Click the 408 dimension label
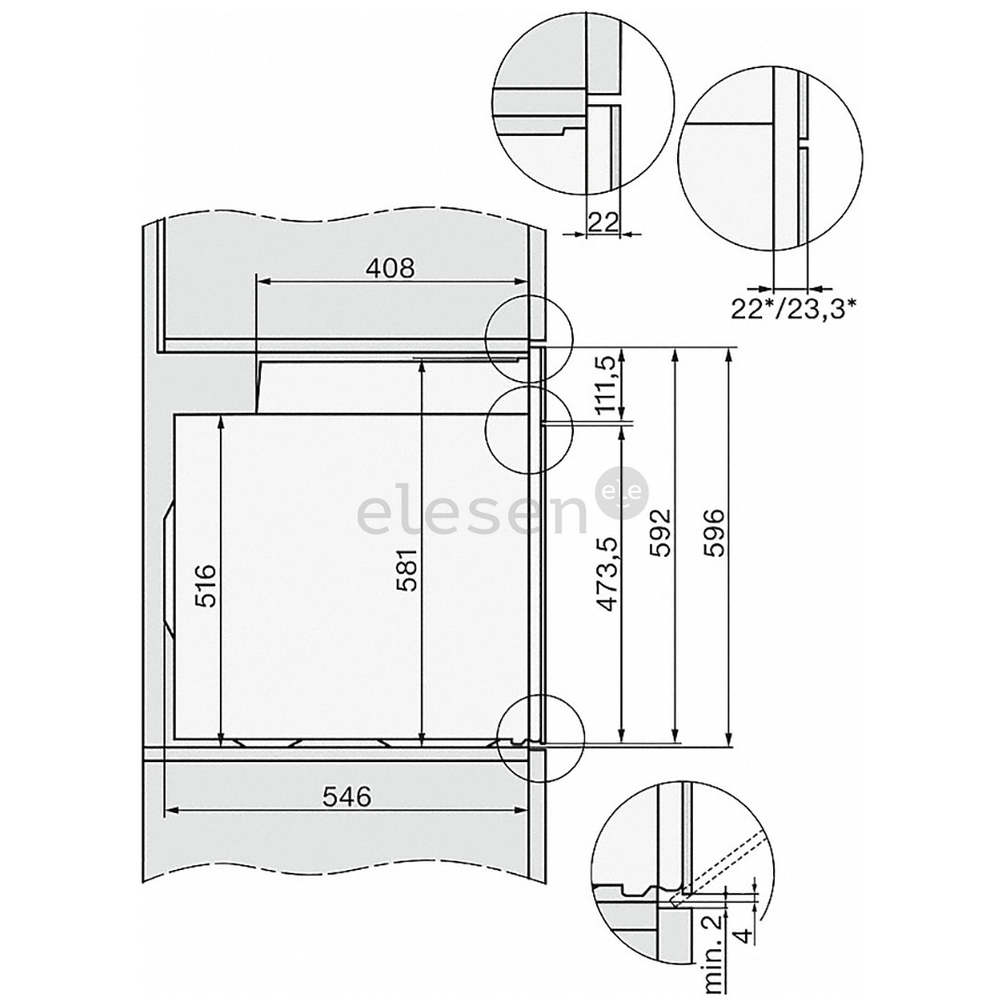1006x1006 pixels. pos(389,268)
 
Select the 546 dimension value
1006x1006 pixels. pos(346,796)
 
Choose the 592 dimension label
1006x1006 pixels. pos(659,531)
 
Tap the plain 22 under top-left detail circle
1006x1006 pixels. pos(604,221)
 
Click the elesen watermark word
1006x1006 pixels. pos(472,515)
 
